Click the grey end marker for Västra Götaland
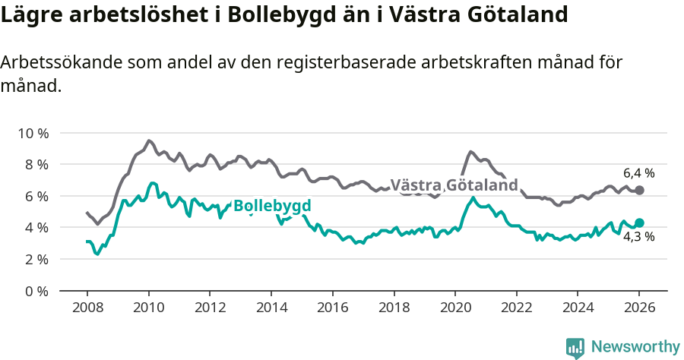click(x=639, y=190)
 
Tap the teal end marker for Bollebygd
click(x=639, y=223)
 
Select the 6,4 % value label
click(x=638, y=173)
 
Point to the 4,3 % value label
click(x=638, y=237)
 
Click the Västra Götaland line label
click(x=454, y=185)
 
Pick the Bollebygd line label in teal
click(x=272, y=206)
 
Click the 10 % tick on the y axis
click(x=33, y=133)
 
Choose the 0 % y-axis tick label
click(x=36, y=291)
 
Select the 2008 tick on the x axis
click(x=87, y=308)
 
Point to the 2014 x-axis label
click(x=271, y=308)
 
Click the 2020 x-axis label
click(x=454, y=308)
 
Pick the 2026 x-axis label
click(x=638, y=308)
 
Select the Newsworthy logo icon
click(x=575, y=347)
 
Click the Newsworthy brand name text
click(x=635, y=347)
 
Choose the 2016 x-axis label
click(x=332, y=308)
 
